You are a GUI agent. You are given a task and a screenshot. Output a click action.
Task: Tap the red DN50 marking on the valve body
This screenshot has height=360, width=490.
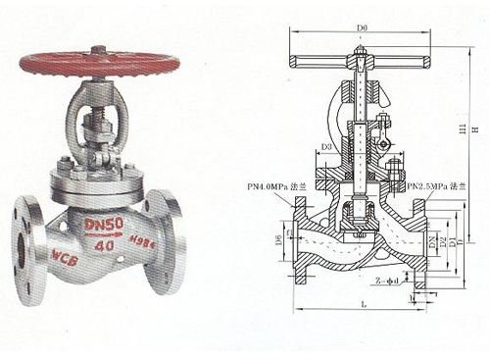click(104, 227)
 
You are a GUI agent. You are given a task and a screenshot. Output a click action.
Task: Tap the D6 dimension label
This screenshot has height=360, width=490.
click(278, 239)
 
